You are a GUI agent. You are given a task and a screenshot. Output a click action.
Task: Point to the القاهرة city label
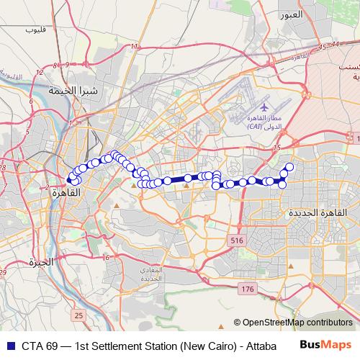(x=64, y=194)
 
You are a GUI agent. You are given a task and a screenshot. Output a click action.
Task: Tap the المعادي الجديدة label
(x=156, y=274)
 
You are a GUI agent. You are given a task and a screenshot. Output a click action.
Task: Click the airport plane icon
(x=263, y=106)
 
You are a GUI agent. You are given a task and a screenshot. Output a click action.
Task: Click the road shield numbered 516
(x=235, y=239)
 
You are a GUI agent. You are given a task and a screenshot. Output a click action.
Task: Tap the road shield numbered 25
(x=78, y=315)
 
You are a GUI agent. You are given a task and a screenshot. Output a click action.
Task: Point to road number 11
(x=134, y=47)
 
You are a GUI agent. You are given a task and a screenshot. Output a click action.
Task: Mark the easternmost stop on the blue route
(x=289, y=167)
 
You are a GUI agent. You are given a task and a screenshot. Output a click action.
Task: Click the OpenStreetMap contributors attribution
(x=297, y=323)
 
